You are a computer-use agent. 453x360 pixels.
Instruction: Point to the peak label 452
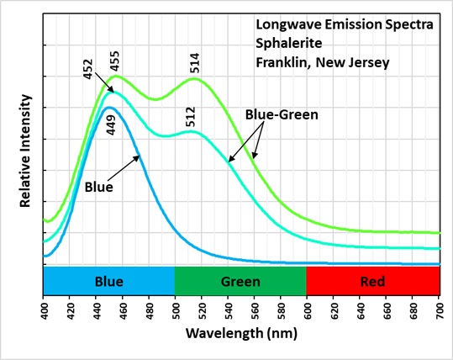89,69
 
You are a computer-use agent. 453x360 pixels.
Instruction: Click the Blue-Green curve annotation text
282,114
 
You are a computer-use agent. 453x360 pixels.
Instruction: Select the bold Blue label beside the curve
98,186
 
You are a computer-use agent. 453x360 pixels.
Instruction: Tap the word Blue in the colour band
109,281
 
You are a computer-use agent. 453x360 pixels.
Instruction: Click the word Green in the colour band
240,281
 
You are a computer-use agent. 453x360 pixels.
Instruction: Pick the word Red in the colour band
372,281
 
